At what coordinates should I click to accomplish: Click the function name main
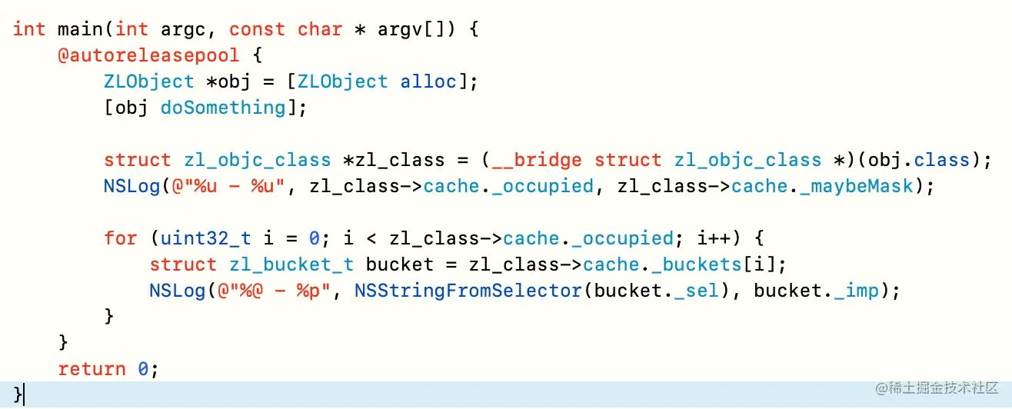(x=81, y=29)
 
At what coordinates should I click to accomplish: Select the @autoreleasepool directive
(x=148, y=55)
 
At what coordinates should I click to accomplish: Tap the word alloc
(x=428, y=81)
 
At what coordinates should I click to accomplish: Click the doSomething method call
(x=223, y=108)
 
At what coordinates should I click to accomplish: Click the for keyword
(x=121, y=238)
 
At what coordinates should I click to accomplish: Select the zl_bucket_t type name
(x=291, y=264)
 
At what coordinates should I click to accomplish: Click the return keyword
(x=92, y=369)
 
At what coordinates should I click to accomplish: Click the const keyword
(x=257, y=29)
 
